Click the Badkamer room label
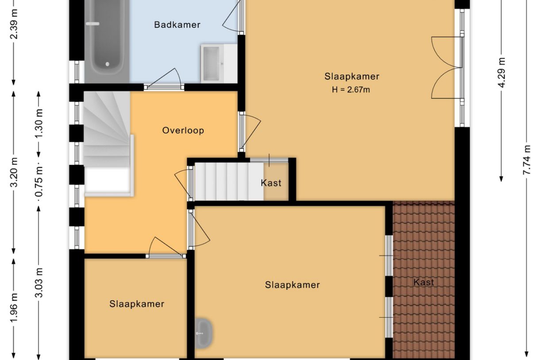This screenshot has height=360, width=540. pyautogui.click(x=177, y=25)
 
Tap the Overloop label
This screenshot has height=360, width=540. pyautogui.click(x=183, y=131)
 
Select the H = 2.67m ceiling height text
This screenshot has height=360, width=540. pyautogui.click(x=351, y=90)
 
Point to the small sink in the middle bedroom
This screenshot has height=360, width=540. pyautogui.click(x=204, y=332)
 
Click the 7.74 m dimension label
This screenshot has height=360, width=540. pyautogui.click(x=527, y=160)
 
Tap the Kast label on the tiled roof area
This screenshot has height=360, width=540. pyautogui.click(x=424, y=282)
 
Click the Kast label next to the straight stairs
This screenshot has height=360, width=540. pyautogui.click(x=271, y=183)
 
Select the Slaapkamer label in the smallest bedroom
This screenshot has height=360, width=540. pyautogui.click(x=137, y=304)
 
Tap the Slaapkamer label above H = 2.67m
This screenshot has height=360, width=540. pyautogui.click(x=352, y=76)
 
